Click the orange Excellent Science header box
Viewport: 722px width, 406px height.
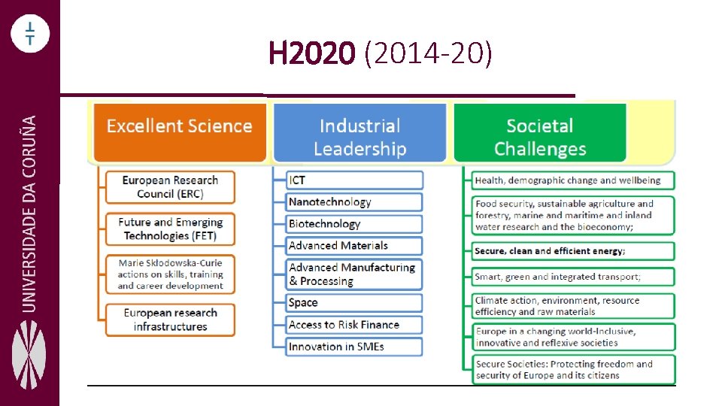click(x=179, y=132)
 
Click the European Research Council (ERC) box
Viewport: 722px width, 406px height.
click(x=170, y=187)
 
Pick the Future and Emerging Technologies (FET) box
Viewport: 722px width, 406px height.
click(x=170, y=229)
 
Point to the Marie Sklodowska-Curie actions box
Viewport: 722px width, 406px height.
click(x=170, y=274)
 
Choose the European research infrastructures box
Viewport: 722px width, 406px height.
click(x=170, y=320)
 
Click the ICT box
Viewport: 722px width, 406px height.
click(x=355, y=180)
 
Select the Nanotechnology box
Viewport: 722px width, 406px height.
click(x=355, y=202)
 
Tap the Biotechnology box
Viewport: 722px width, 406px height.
click(x=355, y=224)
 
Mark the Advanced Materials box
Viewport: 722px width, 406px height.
click(x=355, y=246)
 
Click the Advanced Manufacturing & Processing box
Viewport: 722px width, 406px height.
click(x=355, y=274)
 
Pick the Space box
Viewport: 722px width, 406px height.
click(x=355, y=303)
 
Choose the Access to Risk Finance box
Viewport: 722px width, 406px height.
click(x=355, y=325)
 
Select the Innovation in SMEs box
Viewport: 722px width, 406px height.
click(x=355, y=347)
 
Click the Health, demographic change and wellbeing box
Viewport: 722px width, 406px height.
click(x=573, y=180)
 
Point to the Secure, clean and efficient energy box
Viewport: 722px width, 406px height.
click(x=573, y=251)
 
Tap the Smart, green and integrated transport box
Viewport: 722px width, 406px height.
click(x=573, y=277)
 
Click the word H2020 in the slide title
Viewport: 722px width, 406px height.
click(x=311, y=54)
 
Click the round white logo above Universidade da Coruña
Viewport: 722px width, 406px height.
click(x=29, y=34)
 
